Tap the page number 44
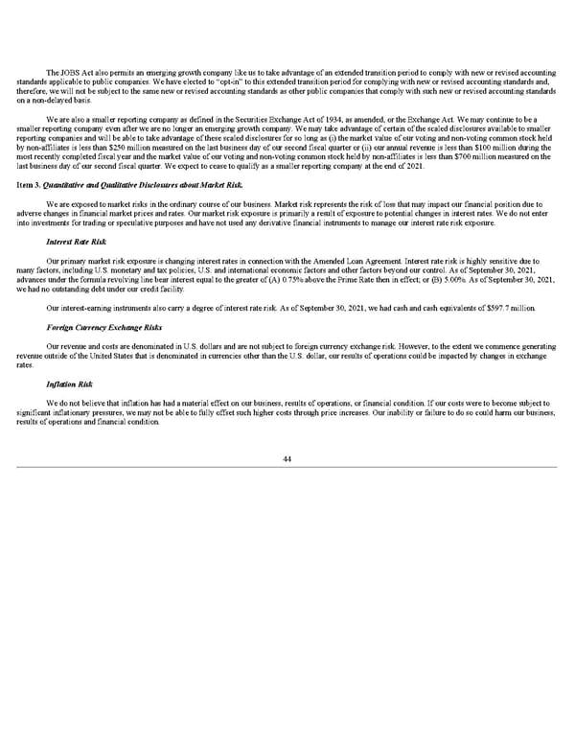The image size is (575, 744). [x=287, y=460]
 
